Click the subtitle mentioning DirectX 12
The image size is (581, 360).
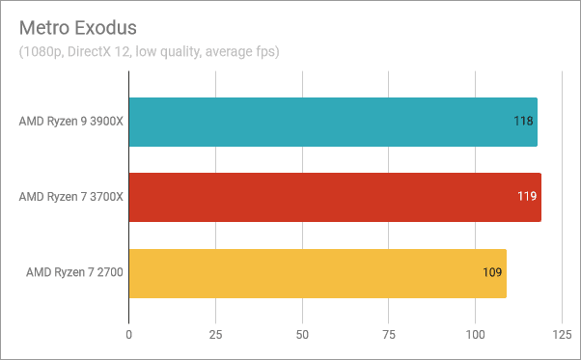coord(150,51)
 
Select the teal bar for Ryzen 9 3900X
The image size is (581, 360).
coord(333,122)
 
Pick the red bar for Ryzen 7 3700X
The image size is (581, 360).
coord(335,198)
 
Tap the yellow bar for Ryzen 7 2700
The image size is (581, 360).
coord(318,273)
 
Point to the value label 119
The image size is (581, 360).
coord(527,198)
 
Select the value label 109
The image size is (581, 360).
coord(492,273)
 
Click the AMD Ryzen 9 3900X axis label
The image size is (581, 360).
coord(71,122)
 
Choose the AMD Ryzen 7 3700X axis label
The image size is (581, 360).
coord(71,198)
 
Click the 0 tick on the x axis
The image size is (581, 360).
coord(129,335)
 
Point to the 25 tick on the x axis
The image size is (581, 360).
coord(215,335)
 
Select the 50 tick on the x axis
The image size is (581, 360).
coord(302,335)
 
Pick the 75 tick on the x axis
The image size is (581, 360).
coord(389,335)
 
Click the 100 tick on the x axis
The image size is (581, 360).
coord(475,335)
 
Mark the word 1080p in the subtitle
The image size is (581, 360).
coord(43,51)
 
